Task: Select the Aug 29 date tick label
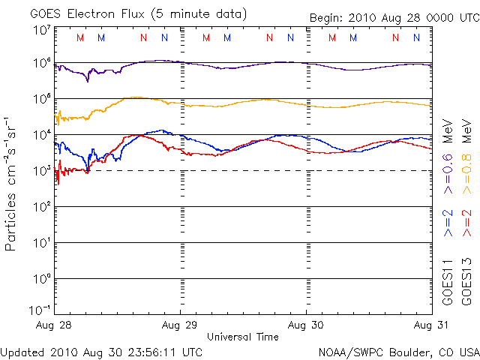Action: [180, 325]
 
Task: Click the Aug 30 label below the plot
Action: [306, 325]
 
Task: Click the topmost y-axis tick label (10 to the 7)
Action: [42, 30]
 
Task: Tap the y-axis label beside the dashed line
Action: [42, 171]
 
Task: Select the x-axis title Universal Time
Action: [243, 337]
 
